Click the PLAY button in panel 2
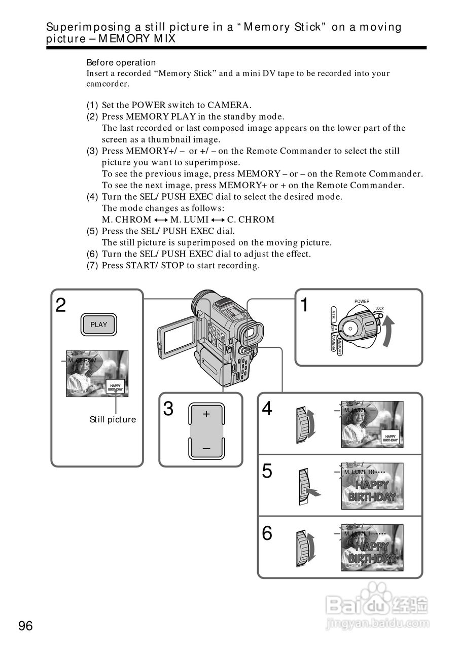(x=98, y=324)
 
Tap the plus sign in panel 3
(x=206, y=414)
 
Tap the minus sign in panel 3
(x=206, y=449)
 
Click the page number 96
(x=25, y=626)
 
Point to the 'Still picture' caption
(x=113, y=420)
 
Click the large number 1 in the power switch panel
(x=304, y=306)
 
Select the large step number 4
(x=267, y=409)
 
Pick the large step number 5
(x=267, y=472)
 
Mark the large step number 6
(x=267, y=533)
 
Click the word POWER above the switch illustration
(x=362, y=302)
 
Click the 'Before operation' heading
(x=121, y=63)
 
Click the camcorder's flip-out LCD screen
(x=175, y=336)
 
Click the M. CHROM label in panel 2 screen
(x=82, y=360)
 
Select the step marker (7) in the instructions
(x=92, y=266)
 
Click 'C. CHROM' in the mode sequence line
(x=251, y=220)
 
